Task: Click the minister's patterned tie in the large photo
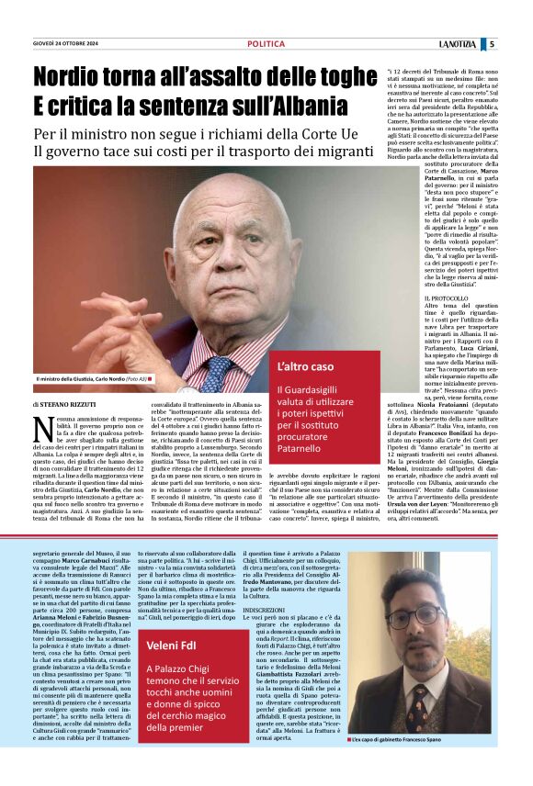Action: click(x=218, y=368)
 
